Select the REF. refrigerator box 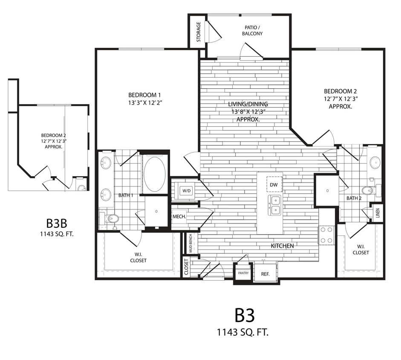click(265, 274)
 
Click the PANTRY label click(243, 273)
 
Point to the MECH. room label click(179, 217)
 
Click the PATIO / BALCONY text click(252, 30)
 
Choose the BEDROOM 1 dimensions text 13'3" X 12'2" click(146, 103)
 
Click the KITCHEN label click(283, 246)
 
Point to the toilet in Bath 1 click(112, 219)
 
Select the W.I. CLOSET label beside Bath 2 click(361, 249)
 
